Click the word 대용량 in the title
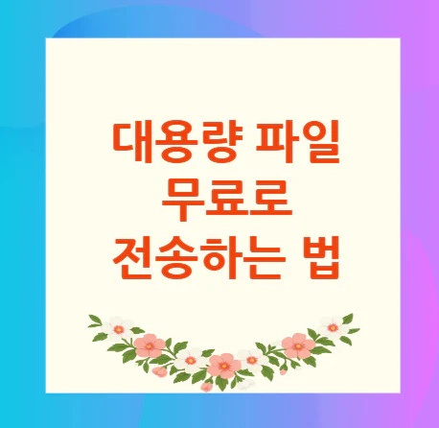pos(173,142)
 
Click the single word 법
pos(325,255)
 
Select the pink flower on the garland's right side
pos(298,343)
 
